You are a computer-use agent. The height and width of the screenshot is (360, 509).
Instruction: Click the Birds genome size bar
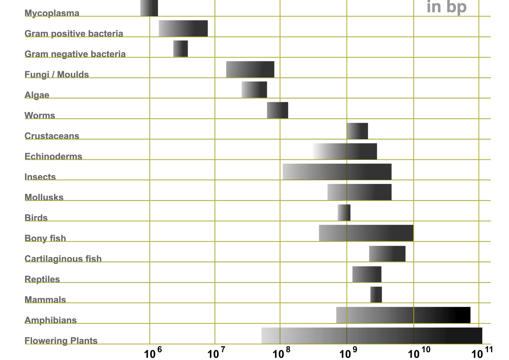tap(344, 212)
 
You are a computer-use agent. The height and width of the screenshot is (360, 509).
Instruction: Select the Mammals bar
tap(376, 294)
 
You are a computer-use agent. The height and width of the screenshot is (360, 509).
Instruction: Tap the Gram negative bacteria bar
tap(180, 49)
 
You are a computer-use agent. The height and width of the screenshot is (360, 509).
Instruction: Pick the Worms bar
tap(277, 110)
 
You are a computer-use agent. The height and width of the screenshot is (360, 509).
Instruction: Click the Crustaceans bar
tap(357, 131)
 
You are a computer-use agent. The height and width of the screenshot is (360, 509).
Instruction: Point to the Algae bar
tap(254, 90)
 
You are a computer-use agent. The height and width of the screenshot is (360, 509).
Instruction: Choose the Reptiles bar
tap(367, 274)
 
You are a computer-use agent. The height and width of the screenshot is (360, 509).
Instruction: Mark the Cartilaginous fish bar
tap(387, 254)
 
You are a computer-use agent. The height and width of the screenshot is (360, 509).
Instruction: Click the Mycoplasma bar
tap(149, 8)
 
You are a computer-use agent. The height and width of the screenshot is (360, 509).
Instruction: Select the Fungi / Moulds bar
tap(250, 69)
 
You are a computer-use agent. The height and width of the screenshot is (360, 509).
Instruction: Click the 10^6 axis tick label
tap(153, 352)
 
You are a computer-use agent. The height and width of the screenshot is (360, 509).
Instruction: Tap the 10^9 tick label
tap(348, 352)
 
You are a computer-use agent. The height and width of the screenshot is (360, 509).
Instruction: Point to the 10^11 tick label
tap(482, 352)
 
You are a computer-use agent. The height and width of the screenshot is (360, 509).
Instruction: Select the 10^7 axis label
tap(216, 352)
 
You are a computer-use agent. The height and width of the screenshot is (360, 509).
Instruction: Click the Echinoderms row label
tap(53, 156)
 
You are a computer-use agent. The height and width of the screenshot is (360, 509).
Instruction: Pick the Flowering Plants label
tap(61, 341)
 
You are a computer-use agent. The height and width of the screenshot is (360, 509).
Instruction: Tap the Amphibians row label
tap(51, 320)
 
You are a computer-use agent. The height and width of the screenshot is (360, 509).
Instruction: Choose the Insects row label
tap(40, 177)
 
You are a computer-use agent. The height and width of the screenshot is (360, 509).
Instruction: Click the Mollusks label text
tap(44, 197)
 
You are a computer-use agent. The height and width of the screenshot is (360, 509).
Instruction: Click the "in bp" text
tap(447, 7)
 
